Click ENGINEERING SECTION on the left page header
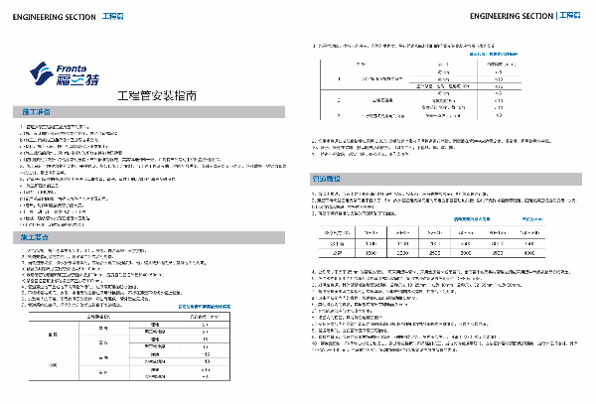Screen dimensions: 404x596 pos(42,16)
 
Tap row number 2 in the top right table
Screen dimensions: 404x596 pos(340,99)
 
